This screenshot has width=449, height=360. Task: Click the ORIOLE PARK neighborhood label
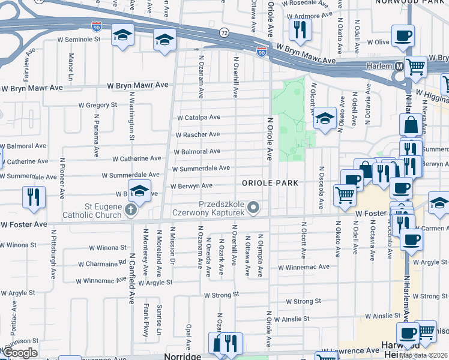pos(269,182)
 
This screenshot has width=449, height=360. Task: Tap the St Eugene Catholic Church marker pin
pos(131,211)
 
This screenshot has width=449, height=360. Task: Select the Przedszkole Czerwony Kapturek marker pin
pos(254,208)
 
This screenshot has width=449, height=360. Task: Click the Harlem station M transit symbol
pos(399,66)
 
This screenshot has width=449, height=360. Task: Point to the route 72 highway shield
pos(224,31)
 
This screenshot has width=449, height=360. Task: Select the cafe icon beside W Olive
pos(403,35)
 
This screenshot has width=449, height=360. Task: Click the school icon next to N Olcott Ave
pos(325,118)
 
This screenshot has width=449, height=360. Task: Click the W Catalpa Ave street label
pos(197,118)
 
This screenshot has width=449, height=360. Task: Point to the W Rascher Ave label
pos(197,134)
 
